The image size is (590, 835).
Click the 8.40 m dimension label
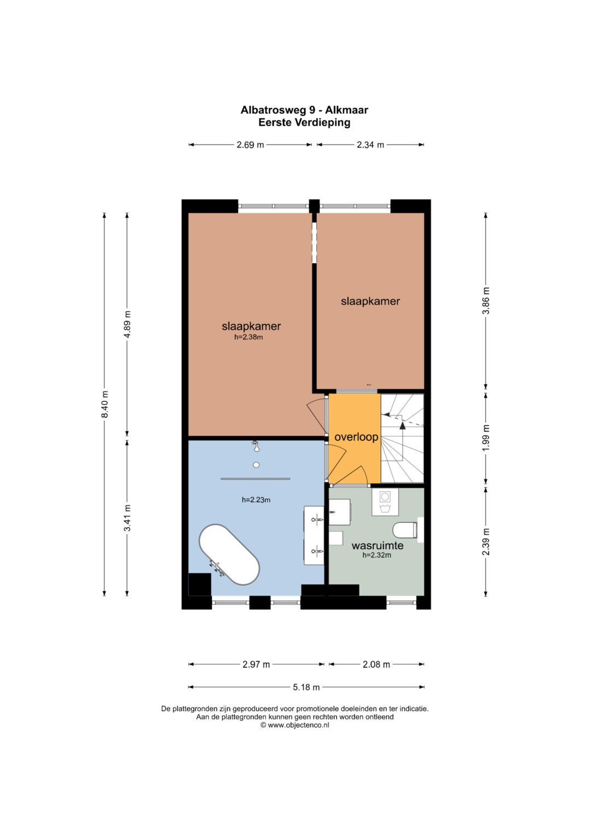(105, 405)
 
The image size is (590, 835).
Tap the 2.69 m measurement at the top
(250, 144)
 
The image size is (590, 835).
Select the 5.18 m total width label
(306, 687)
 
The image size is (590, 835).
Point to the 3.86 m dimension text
(486, 300)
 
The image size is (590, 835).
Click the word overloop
(356, 437)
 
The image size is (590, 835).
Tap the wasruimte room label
(377, 546)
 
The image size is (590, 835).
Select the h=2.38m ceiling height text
(249, 337)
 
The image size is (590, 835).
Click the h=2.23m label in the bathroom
(256, 500)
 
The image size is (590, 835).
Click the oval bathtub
(229, 554)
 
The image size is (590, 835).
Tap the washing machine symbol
(385, 502)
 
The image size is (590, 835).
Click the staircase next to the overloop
(402, 439)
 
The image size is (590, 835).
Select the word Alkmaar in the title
(346, 110)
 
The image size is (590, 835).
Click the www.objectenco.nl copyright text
(294, 725)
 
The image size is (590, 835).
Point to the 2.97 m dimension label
(256, 664)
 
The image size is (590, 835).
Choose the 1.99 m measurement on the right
(486, 437)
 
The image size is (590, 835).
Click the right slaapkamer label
(370, 301)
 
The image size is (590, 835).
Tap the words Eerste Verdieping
(304, 122)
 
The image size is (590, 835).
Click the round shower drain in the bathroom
(256, 465)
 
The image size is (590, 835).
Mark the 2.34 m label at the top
(370, 144)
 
